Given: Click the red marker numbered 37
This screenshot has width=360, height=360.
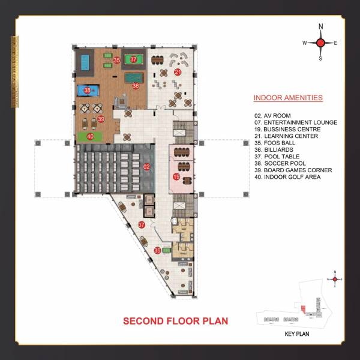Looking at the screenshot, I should coord(134,59).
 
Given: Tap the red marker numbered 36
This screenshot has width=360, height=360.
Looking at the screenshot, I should coord(136,86).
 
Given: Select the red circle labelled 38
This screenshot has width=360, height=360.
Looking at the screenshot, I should coord(88,91).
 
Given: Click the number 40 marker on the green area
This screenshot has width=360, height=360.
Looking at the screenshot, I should coord(90,136).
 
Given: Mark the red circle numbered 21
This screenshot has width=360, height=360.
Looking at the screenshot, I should coord(178,72).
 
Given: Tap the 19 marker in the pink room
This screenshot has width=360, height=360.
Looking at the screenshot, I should coord(176,176).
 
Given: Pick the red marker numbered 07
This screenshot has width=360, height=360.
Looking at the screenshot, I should coord(142,224).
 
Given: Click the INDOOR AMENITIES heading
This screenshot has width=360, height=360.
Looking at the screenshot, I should coord(288,98).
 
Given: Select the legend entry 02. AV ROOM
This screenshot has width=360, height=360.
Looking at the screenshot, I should coord(274,115).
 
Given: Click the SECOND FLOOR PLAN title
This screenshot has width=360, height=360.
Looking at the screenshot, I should coord(176,321).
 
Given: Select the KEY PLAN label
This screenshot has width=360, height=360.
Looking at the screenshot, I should coord(296,334).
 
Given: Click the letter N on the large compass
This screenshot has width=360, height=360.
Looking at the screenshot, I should coord(320,26).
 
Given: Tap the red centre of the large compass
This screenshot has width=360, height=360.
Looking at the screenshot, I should coord(320,43).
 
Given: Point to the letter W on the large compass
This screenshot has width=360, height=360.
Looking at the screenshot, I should coord(304,43).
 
